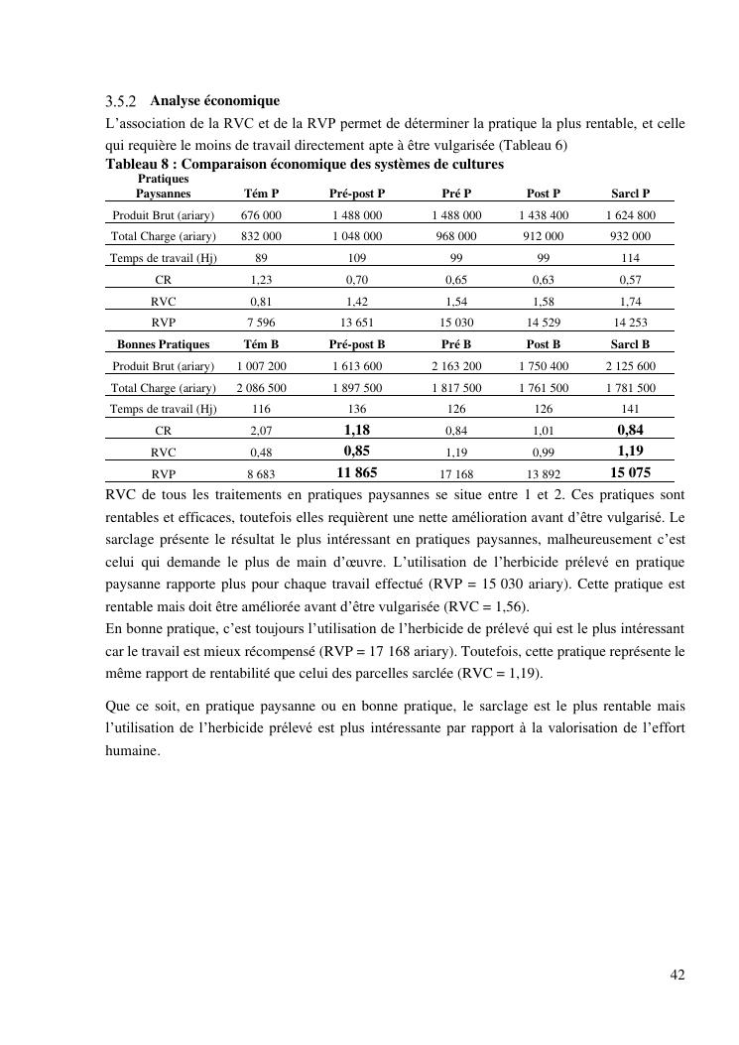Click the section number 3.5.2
click(123, 102)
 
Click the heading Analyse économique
click(214, 101)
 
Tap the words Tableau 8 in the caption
click(136, 164)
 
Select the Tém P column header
click(261, 194)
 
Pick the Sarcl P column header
click(630, 194)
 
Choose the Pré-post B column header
click(357, 344)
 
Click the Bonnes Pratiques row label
click(164, 344)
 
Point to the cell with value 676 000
click(261, 215)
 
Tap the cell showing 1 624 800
click(630, 215)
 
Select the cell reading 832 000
click(261, 236)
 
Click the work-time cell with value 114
click(630, 258)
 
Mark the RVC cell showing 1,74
click(630, 301)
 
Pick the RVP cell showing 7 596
click(261, 323)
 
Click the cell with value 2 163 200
click(456, 366)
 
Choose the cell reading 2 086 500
click(261, 388)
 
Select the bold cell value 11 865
click(357, 473)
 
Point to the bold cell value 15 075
click(630, 473)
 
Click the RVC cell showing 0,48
click(261, 453)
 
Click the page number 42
click(677, 975)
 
